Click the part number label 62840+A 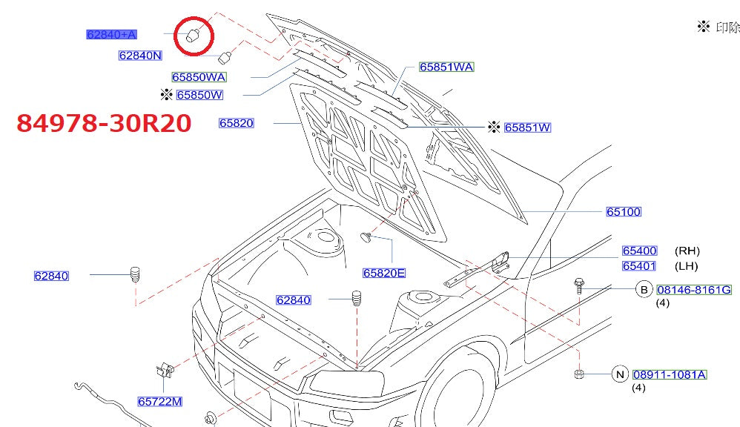tap(112, 34)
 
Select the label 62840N tap(140, 56)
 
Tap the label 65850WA tap(199, 77)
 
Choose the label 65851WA tap(446, 67)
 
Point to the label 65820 tap(237, 123)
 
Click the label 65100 tap(624, 212)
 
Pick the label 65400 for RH tap(639, 251)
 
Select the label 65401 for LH tap(639, 266)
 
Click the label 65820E tap(384, 273)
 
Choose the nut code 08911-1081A tap(670, 375)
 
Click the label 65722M tap(159, 402)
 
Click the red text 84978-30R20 tap(105, 123)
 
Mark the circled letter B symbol tap(643, 290)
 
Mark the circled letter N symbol tap(620, 375)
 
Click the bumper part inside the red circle tap(193, 35)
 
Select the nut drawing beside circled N tap(578, 374)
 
